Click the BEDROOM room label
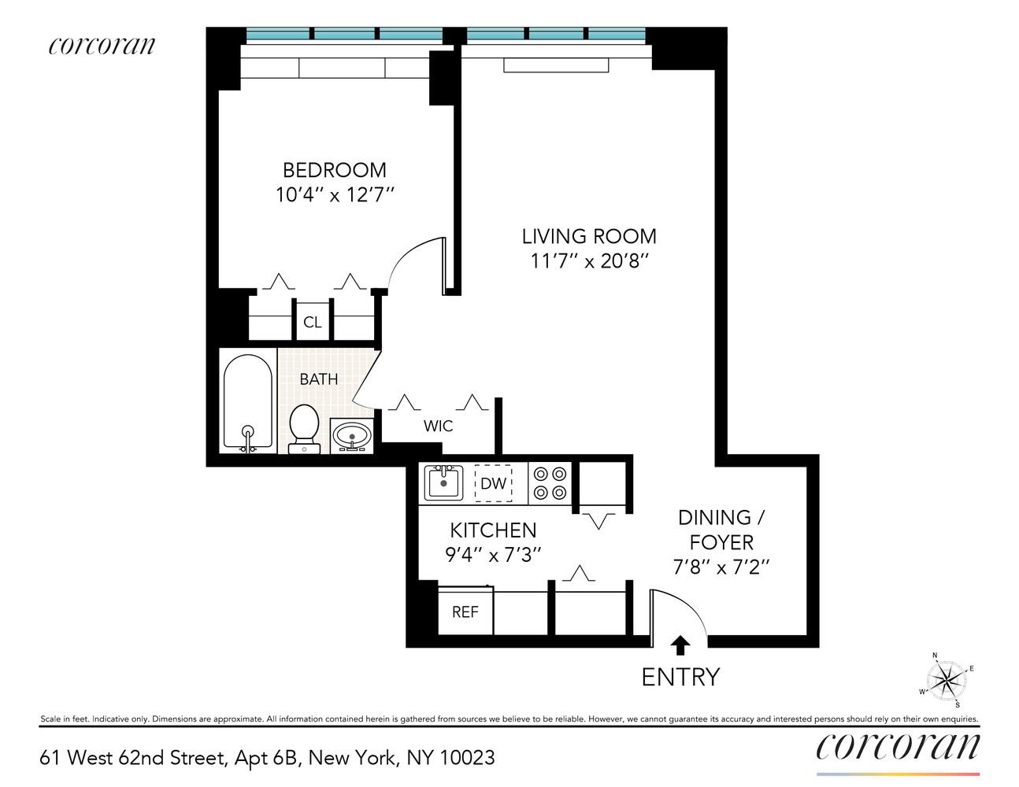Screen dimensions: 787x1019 point(334,170)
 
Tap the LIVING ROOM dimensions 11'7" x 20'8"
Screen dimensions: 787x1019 point(589,260)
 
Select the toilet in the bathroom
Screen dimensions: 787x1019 point(303,428)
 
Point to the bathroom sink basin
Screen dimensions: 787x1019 point(351,435)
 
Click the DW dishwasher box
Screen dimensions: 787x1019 point(493,482)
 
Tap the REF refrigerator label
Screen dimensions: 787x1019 point(465,611)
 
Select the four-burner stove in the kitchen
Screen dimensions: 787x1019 point(550,482)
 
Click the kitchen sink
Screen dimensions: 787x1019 point(443,482)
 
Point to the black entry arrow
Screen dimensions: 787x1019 point(680,645)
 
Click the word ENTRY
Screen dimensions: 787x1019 point(680,677)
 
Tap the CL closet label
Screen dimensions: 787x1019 point(313,322)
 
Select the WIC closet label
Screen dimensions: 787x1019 point(438,426)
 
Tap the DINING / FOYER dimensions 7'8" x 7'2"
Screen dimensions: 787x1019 point(721,567)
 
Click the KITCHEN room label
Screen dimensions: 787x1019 point(493,530)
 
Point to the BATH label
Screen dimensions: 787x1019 point(319,379)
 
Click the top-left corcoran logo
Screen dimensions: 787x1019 point(102,46)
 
